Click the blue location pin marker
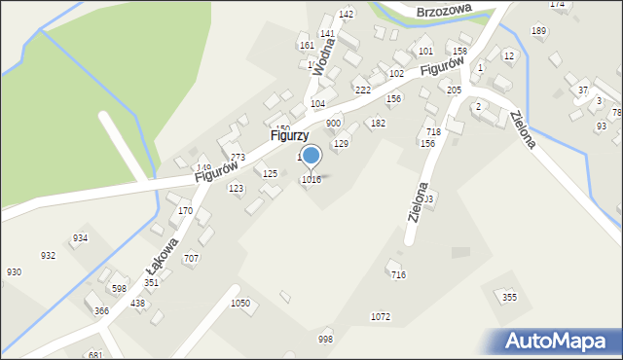[x=311, y=156]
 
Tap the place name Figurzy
[x=289, y=137]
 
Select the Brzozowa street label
[x=443, y=11]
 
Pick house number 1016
[x=311, y=179]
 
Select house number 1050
[x=240, y=304]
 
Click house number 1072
[x=381, y=317]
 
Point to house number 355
[x=509, y=297]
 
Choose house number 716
[x=398, y=275]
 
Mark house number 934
[x=80, y=238]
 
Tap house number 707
[x=191, y=258]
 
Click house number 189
[x=538, y=31]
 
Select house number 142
[x=345, y=15]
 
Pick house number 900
[x=333, y=124]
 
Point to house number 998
[x=325, y=340]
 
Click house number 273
[x=238, y=157]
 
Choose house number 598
[x=119, y=289]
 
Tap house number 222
[x=362, y=90]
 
